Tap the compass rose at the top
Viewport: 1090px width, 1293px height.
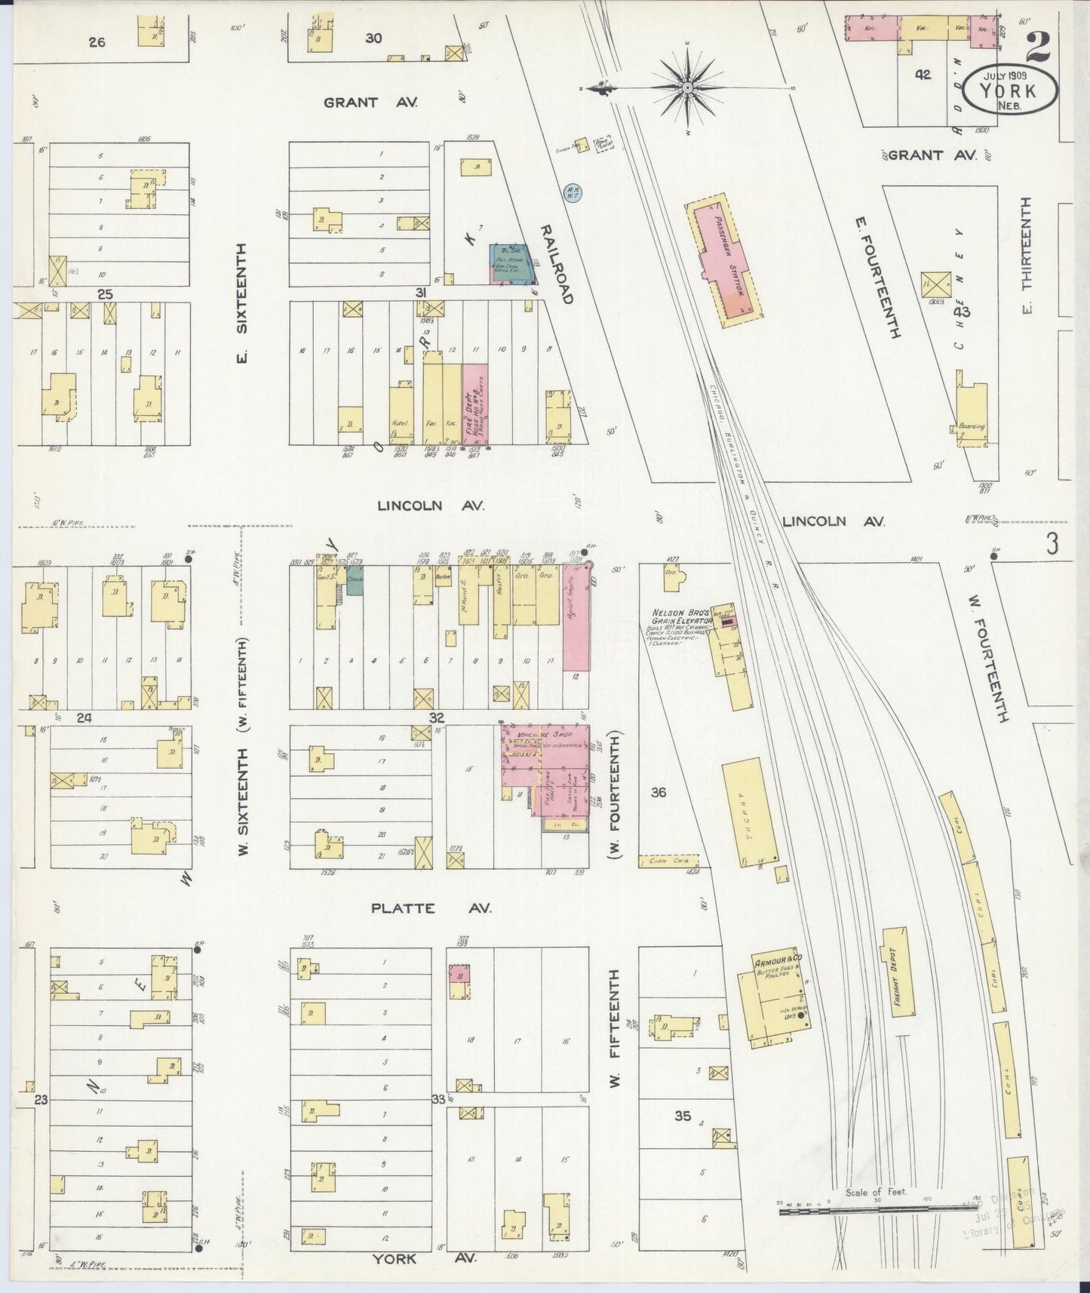(687, 89)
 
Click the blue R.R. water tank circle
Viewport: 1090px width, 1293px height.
(572, 193)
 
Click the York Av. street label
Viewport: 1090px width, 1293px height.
(424, 1258)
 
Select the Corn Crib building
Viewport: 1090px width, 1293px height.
(668, 861)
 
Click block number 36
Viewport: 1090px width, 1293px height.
(659, 792)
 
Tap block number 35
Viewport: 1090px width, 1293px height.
(682, 1115)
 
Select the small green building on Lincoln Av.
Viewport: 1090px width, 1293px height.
(355, 584)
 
